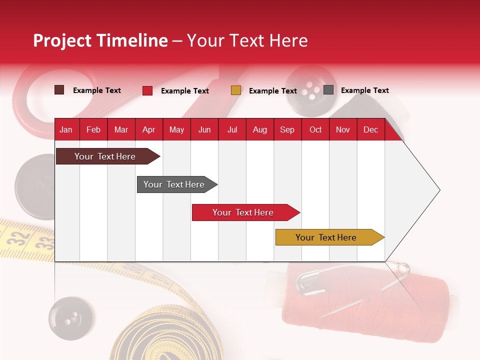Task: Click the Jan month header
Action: click(x=66, y=129)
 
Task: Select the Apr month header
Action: click(x=148, y=129)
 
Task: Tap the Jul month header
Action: click(x=232, y=129)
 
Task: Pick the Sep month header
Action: click(x=287, y=129)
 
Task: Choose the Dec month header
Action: click(x=370, y=129)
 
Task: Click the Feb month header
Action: click(x=93, y=129)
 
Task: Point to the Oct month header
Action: click(x=315, y=129)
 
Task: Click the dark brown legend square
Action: click(x=59, y=90)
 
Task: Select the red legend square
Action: click(x=147, y=90)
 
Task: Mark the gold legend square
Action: click(x=236, y=90)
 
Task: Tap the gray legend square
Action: click(x=328, y=90)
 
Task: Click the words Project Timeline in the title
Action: click(x=100, y=40)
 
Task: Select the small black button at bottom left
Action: click(x=71, y=318)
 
